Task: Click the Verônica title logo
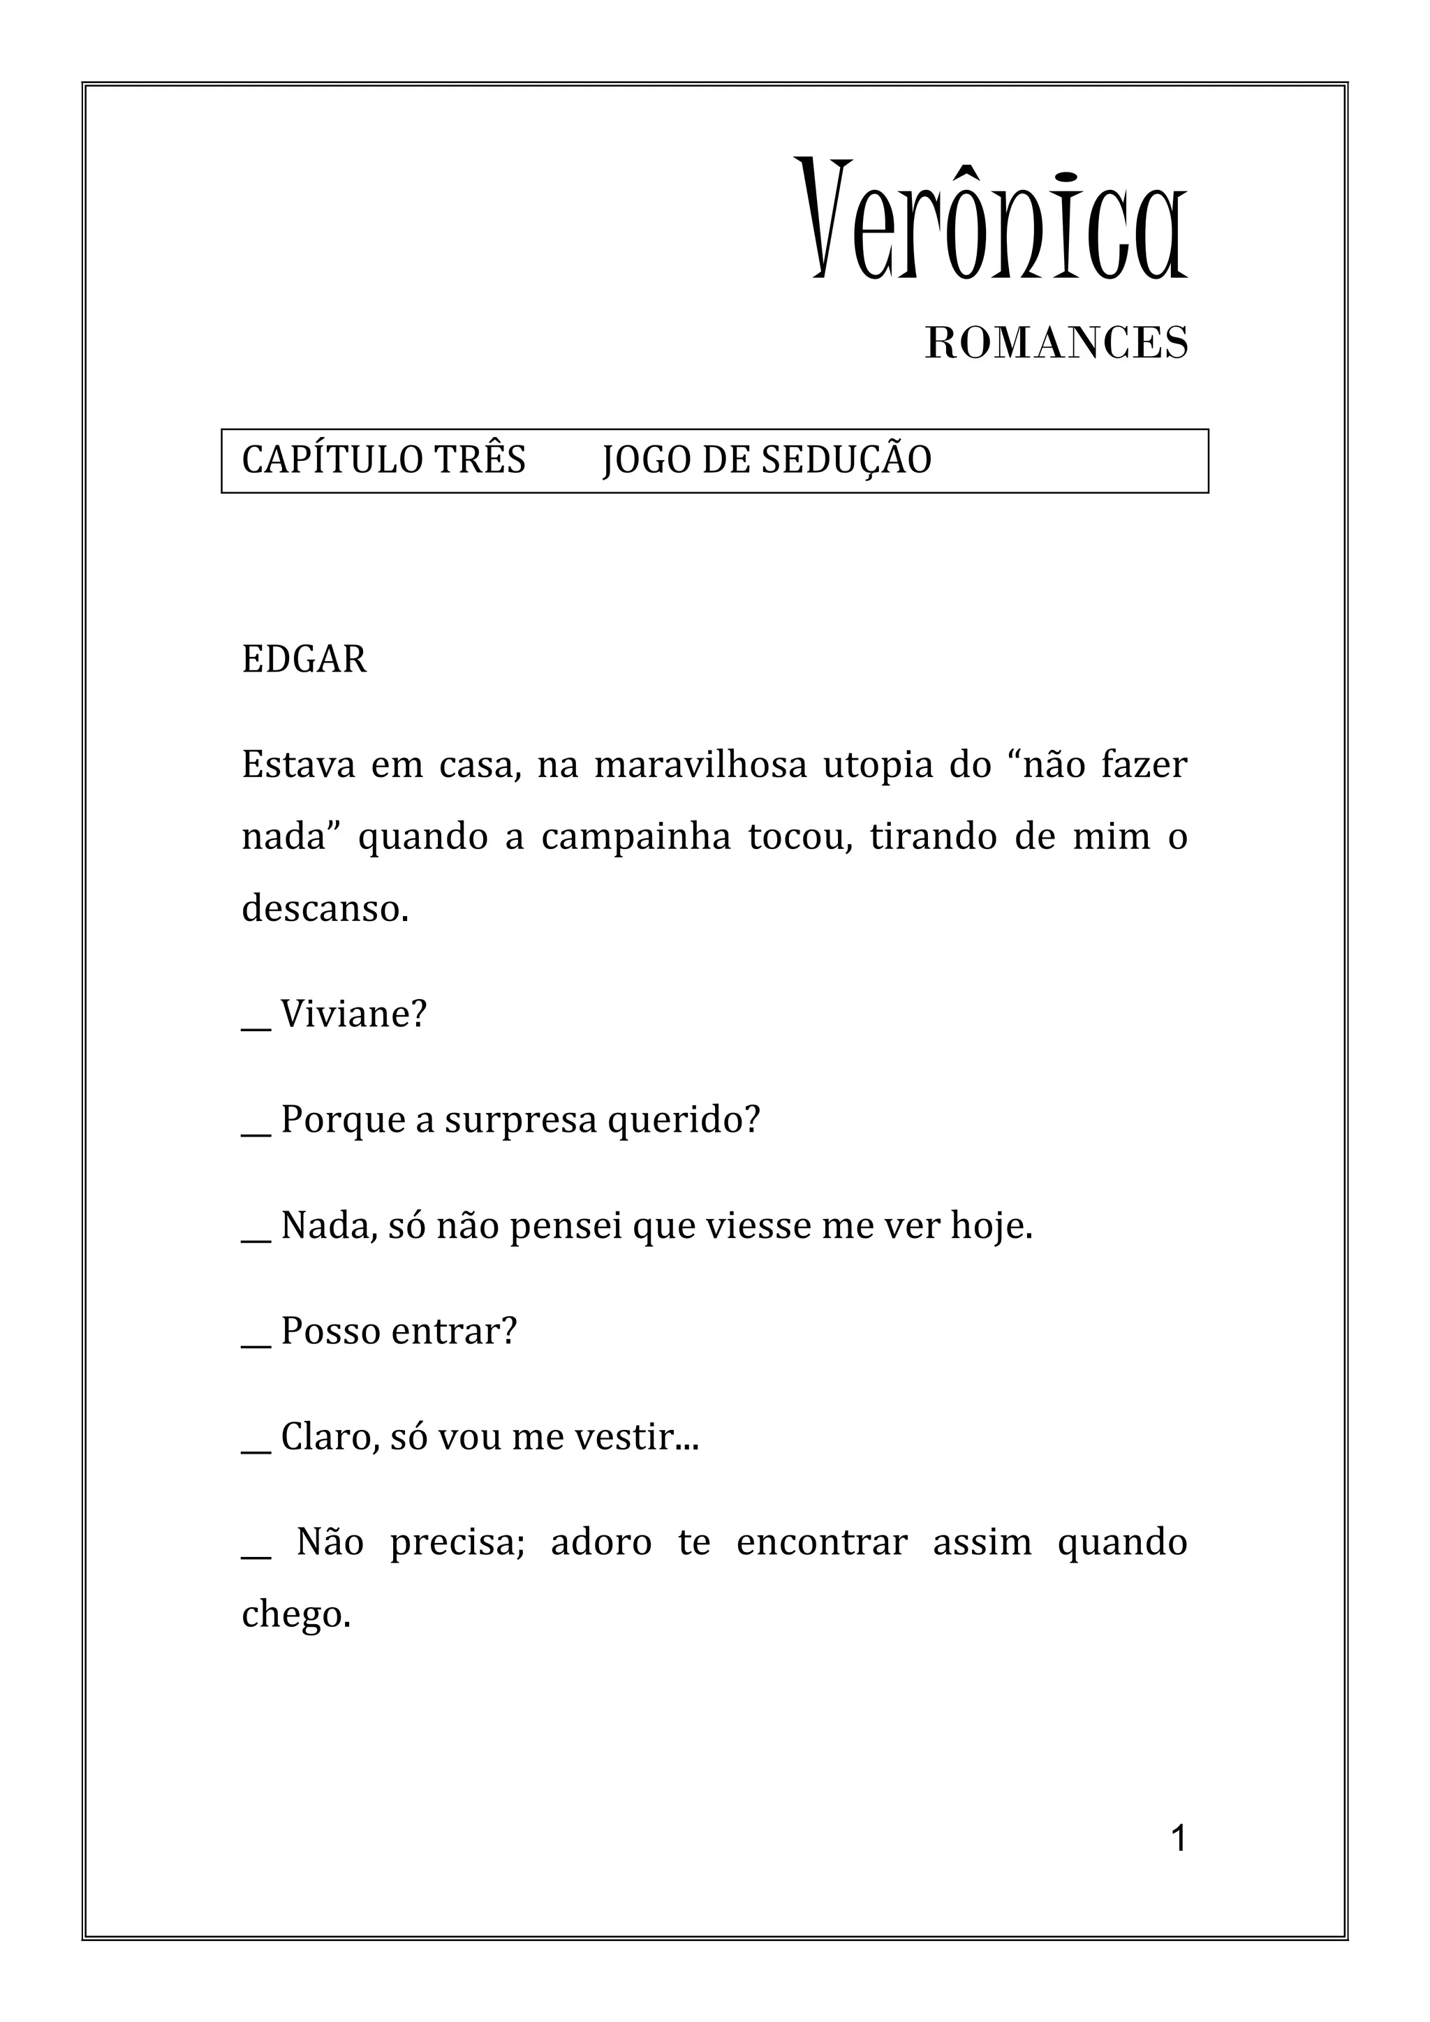(992, 220)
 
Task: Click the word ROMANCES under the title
(1056, 343)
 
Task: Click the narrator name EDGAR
(304, 660)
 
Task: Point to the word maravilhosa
(700, 765)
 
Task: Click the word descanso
(324, 908)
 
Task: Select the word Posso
(330, 1331)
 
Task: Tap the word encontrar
(822, 1542)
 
